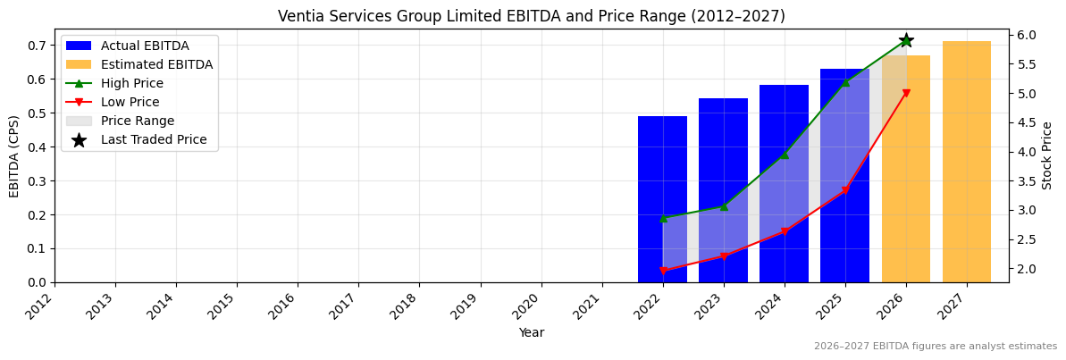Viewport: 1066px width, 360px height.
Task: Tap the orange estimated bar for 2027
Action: pyautogui.click(x=966, y=162)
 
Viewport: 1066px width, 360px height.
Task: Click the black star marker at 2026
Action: pyautogui.click(x=905, y=40)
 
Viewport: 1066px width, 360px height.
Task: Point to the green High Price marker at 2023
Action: pyautogui.click(x=723, y=206)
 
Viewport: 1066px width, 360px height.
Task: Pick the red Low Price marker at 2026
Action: pyautogui.click(x=905, y=93)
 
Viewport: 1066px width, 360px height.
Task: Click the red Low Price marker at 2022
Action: pyautogui.click(x=662, y=271)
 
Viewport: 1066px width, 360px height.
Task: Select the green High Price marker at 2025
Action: pyautogui.click(x=844, y=82)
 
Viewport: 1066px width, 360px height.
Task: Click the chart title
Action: pyautogui.click(x=531, y=16)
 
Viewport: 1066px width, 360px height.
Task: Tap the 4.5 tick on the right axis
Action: pyautogui.click(x=1026, y=152)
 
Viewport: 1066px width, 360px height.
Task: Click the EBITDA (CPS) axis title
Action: pyautogui.click(x=14, y=155)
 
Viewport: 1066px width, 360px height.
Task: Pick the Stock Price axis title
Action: pyautogui.click(x=1047, y=155)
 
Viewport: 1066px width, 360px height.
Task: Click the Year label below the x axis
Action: pyautogui.click(x=531, y=332)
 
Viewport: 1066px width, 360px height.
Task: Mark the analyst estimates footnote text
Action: pyautogui.click(x=935, y=347)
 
